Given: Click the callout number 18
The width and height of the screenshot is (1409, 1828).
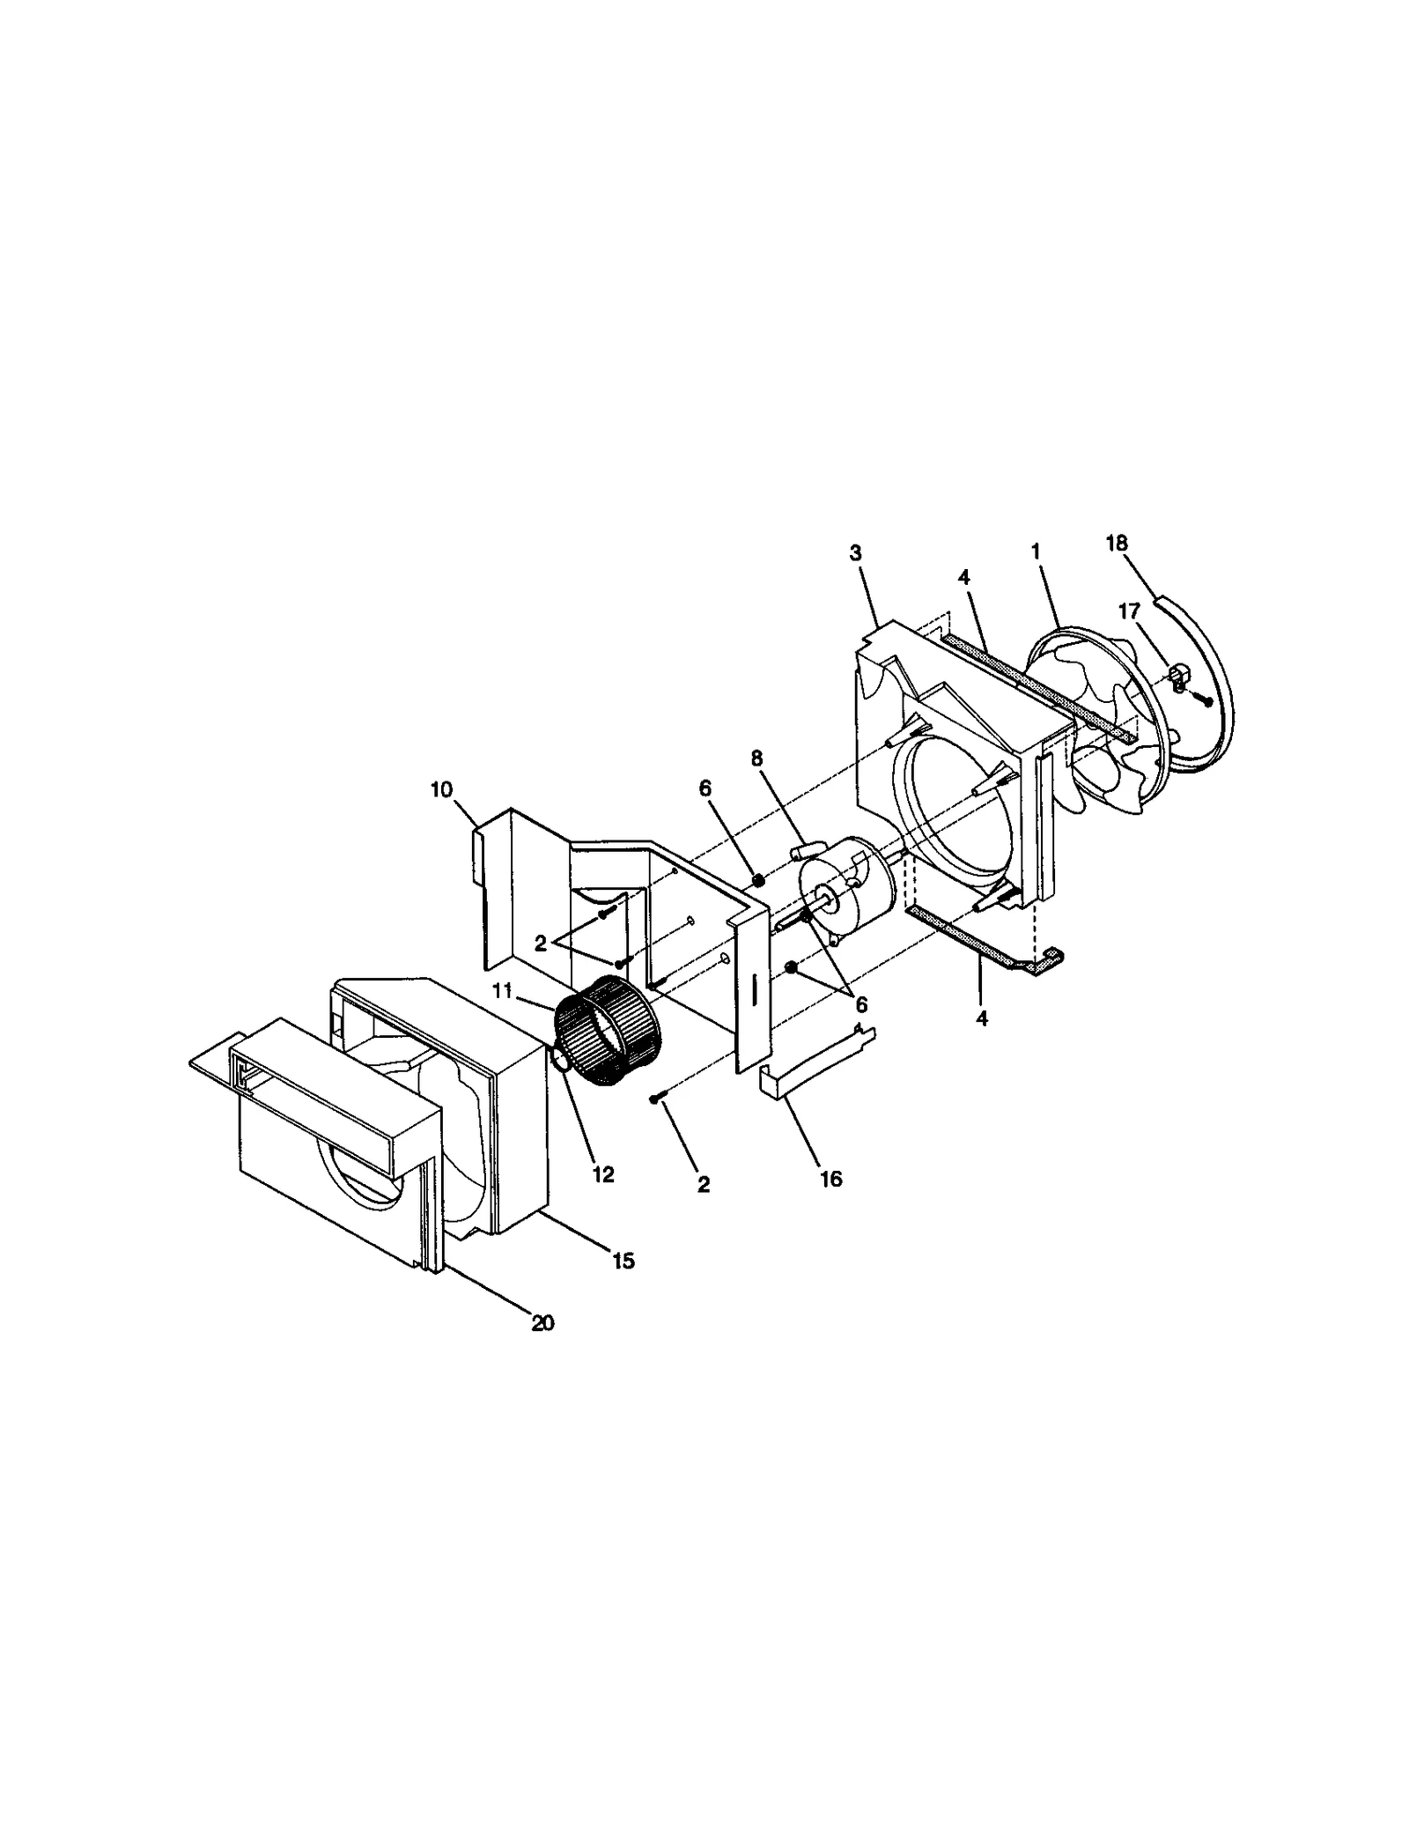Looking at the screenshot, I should [x=1116, y=544].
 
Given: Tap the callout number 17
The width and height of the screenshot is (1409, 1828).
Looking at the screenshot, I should [x=1128, y=611].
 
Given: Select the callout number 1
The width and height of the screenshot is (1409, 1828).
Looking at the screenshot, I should [x=1035, y=551].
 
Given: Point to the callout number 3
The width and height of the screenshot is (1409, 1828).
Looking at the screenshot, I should [x=855, y=553].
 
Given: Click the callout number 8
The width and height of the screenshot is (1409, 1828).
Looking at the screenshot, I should [x=757, y=759].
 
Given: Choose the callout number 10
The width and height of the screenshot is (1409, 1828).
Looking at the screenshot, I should [x=441, y=789].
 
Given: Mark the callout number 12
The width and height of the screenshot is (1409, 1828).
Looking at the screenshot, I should [x=603, y=1174].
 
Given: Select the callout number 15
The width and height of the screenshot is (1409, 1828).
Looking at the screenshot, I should [x=623, y=1261].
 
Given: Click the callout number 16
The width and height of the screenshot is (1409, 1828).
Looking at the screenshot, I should [x=830, y=1178].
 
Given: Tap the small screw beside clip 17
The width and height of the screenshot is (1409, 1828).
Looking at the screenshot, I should [x=1206, y=699].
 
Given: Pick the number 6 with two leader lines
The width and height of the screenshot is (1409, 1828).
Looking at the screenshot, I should [x=860, y=1004].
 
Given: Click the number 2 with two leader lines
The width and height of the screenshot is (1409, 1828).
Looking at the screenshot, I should [x=541, y=944].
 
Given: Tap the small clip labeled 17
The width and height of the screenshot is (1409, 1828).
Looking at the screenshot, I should [x=1178, y=676].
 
